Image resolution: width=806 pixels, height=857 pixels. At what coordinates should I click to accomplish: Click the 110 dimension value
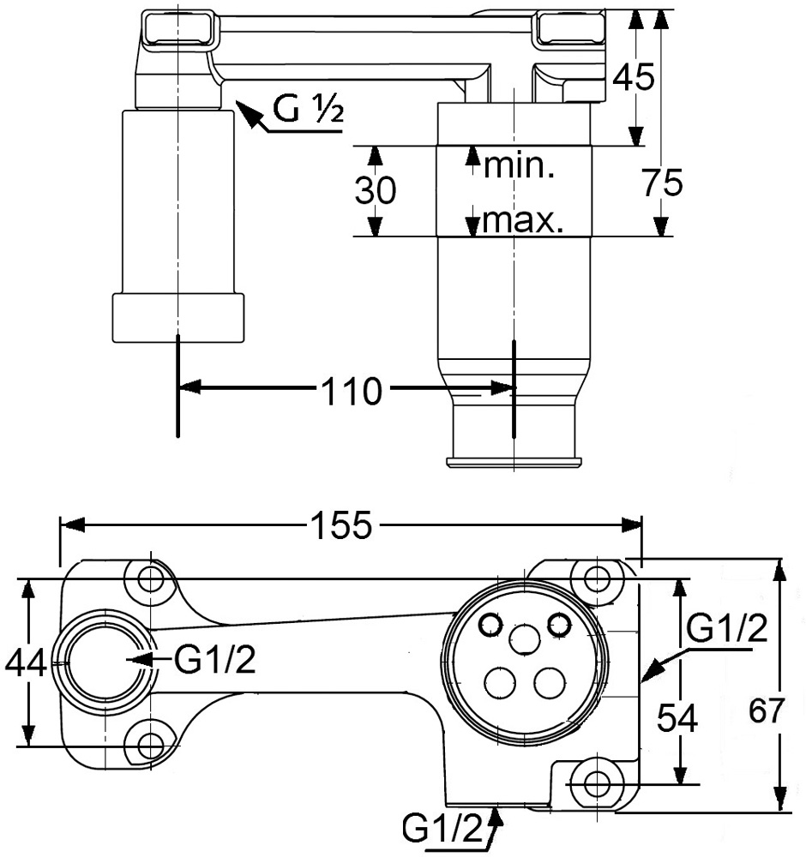352,392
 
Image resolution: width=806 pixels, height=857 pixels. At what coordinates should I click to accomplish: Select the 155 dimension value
341,525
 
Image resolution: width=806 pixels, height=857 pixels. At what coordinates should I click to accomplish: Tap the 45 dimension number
633,76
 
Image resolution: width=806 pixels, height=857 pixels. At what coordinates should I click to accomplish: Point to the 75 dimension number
663,183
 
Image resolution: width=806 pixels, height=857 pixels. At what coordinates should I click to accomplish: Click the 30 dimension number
375,191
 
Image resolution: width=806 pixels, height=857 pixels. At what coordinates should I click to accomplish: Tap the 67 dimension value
767,711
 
